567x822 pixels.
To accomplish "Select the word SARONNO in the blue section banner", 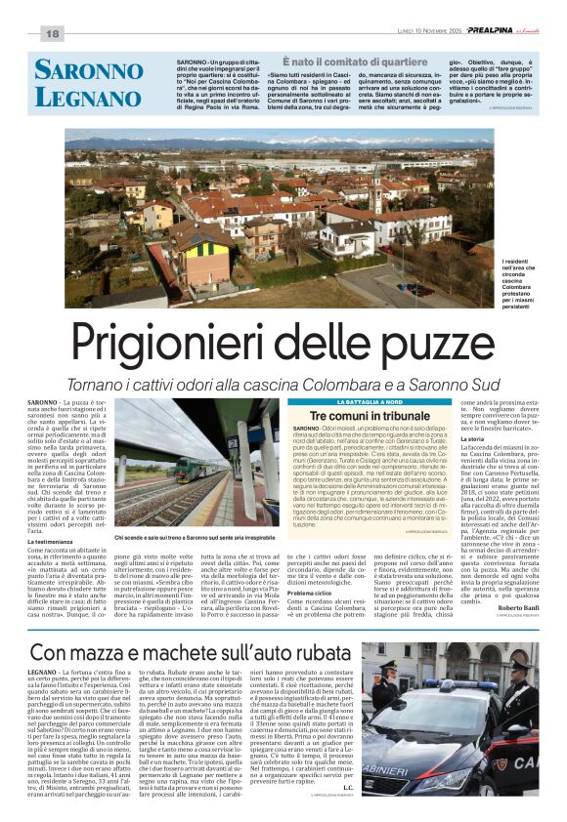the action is tap(88, 70).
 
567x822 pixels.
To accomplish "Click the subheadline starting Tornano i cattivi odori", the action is tap(283, 384).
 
